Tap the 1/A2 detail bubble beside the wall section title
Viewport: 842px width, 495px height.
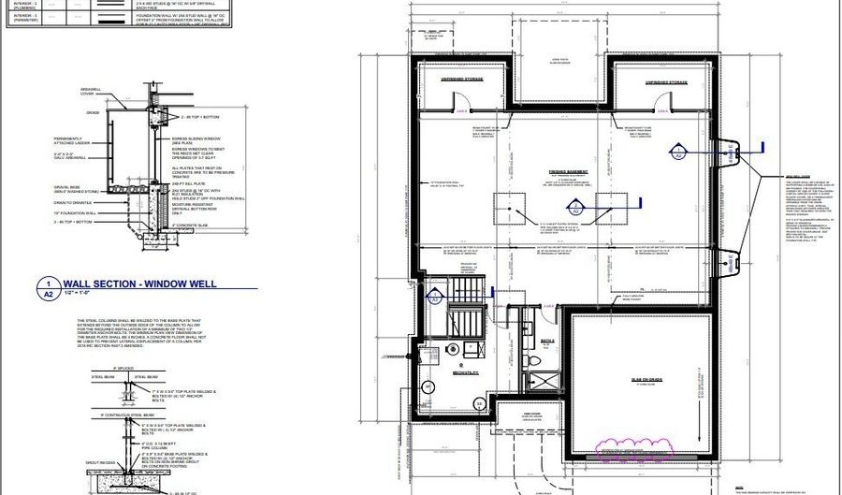(45, 286)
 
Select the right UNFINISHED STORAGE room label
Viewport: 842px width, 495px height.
(665, 82)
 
